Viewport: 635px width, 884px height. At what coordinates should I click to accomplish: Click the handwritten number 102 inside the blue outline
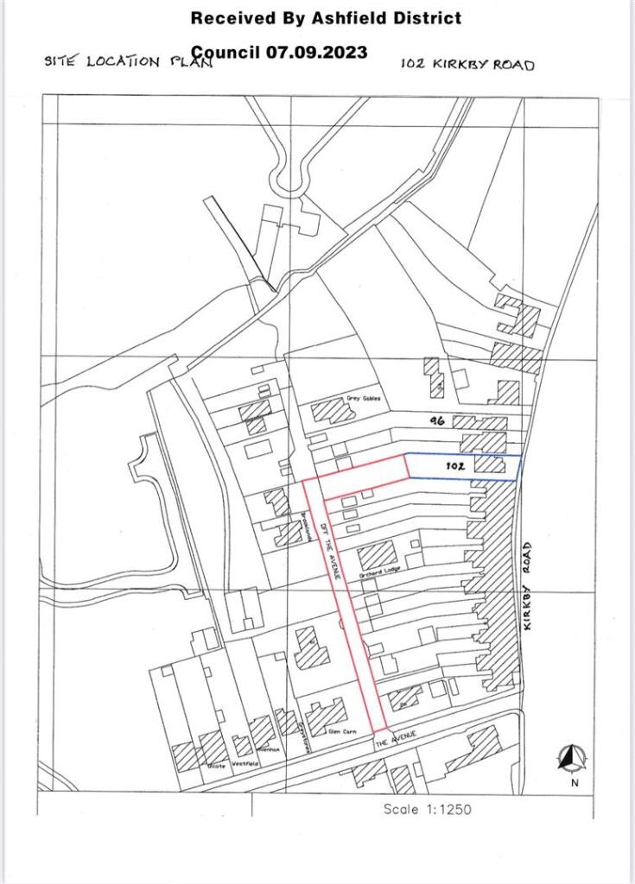pyautogui.click(x=456, y=466)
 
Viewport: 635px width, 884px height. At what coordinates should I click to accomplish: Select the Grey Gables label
pyautogui.click(x=364, y=399)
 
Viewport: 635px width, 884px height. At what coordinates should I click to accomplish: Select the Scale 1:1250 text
pyautogui.click(x=428, y=810)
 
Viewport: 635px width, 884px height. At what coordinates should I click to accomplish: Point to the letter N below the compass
pyautogui.click(x=574, y=783)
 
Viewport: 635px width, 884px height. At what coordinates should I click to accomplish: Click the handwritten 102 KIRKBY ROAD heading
pyautogui.click(x=467, y=64)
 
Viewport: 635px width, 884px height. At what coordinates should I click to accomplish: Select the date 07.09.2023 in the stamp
pyautogui.click(x=315, y=52)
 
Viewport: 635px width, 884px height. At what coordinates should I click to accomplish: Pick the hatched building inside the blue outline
pyautogui.click(x=490, y=464)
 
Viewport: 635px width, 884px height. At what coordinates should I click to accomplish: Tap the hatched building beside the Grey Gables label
pyautogui.click(x=333, y=409)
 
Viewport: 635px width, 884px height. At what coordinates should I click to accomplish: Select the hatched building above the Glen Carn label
pyautogui.click(x=327, y=713)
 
